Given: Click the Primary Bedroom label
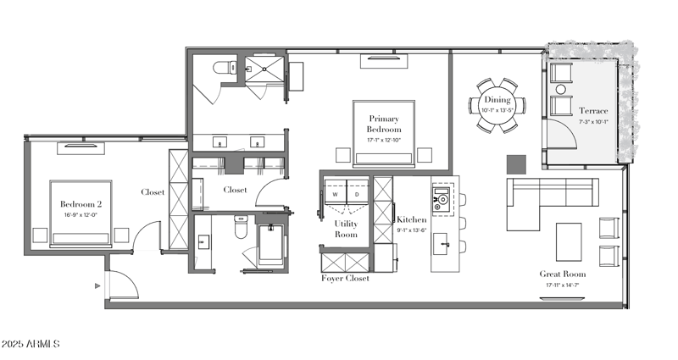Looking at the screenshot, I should [x=384, y=123].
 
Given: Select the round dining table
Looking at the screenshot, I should [x=497, y=105].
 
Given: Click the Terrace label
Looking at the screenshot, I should [x=593, y=111].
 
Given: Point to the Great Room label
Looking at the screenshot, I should [x=563, y=274].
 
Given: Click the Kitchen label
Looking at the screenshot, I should [x=412, y=220].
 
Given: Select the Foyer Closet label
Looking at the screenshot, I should [x=345, y=278].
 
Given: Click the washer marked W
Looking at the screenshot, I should [x=335, y=195].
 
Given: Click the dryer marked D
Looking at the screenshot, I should [x=356, y=195].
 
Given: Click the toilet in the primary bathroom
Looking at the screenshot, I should [x=223, y=69].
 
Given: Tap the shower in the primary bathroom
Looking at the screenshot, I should [x=265, y=71].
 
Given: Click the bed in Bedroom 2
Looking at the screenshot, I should [x=81, y=212].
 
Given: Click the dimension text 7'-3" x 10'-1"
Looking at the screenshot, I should [x=593, y=122].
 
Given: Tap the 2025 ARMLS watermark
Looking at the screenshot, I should [x=31, y=344].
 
